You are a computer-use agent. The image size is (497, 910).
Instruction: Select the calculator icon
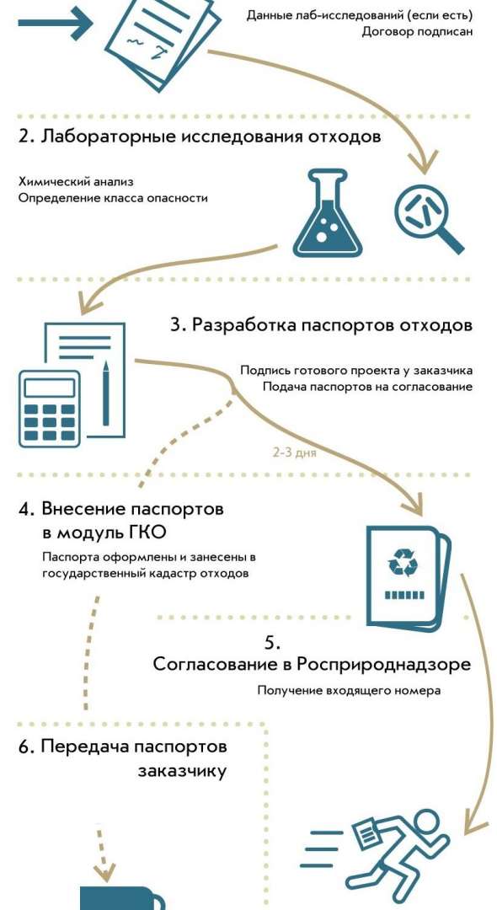50,408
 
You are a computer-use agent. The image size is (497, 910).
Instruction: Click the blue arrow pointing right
55,24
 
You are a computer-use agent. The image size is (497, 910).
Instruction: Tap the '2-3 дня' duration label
295,452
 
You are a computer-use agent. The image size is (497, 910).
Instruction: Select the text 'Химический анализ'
76,182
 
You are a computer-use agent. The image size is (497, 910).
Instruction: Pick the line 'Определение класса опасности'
113,198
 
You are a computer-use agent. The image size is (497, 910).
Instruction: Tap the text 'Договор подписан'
418,31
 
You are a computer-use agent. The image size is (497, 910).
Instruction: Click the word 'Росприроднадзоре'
383,664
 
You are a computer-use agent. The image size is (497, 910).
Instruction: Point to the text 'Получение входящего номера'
349,691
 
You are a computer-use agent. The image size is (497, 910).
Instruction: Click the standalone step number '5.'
273,643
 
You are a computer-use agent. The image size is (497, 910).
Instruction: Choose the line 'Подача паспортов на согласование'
367,387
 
